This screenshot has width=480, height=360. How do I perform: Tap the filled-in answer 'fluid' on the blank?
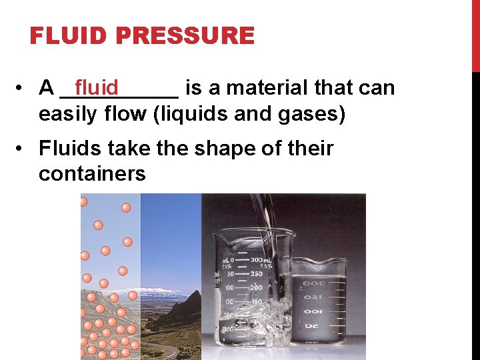pos(97,87)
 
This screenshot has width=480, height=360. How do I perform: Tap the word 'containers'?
pos(92,173)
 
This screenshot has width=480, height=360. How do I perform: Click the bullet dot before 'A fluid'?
pos(23,88)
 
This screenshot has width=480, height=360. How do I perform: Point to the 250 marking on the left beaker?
pos(256,273)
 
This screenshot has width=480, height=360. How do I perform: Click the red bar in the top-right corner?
pos(475,33)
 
